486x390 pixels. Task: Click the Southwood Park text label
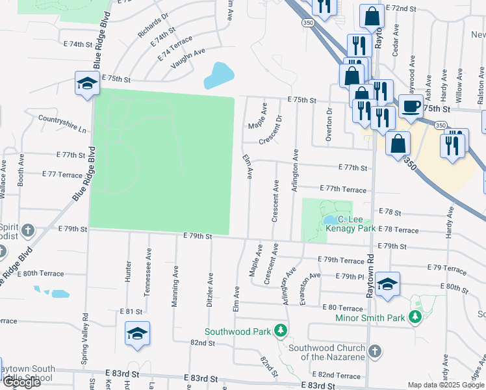click(x=237, y=331)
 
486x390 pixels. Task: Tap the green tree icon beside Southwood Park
click(x=281, y=331)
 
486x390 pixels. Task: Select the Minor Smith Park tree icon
click(x=415, y=317)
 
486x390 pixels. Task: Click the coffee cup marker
click(x=411, y=107)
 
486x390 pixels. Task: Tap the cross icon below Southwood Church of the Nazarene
click(x=374, y=352)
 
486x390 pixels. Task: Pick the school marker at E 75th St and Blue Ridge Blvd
click(x=86, y=83)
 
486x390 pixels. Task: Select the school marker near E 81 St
click(x=137, y=334)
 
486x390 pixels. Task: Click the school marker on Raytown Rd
click(x=387, y=285)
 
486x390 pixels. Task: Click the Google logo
click(x=21, y=382)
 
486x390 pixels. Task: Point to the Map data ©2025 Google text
click(x=445, y=385)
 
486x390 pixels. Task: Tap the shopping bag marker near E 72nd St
click(x=372, y=18)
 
